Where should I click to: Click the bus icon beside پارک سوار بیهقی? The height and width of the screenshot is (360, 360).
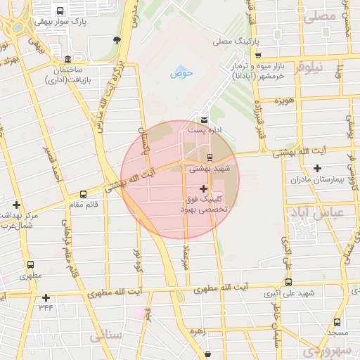click(60, 12)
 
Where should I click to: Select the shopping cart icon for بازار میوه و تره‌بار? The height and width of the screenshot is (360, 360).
click(259, 56)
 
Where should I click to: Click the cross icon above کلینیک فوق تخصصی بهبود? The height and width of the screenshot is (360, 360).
click(204, 188)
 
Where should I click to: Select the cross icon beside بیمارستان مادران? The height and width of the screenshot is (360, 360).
click(317, 168)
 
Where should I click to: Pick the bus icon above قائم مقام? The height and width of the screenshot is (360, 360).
click(84, 194)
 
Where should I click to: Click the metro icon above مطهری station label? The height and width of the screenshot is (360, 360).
click(30, 265)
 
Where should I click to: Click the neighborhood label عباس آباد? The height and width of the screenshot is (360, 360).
click(316, 212)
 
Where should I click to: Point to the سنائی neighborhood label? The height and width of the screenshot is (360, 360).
click(106, 335)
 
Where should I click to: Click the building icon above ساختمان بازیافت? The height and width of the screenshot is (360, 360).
click(67, 59)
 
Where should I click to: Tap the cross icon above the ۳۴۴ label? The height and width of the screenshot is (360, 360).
click(46, 297)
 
